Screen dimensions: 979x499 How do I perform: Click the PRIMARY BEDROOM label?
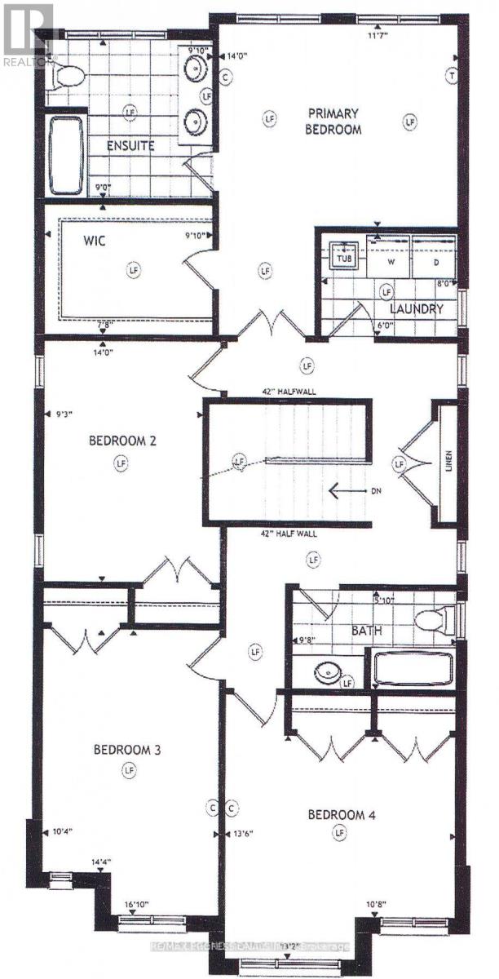(333, 120)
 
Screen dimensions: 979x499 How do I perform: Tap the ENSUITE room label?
(131, 147)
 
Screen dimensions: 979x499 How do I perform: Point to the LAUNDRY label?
(416, 309)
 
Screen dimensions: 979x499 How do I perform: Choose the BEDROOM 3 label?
(126, 750)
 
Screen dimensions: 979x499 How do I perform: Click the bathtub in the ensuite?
(66, 156)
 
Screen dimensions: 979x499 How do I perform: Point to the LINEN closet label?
(448, 463)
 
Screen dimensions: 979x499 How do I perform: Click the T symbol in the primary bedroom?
(450, 75)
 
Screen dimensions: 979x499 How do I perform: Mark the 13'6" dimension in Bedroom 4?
(245, 834)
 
